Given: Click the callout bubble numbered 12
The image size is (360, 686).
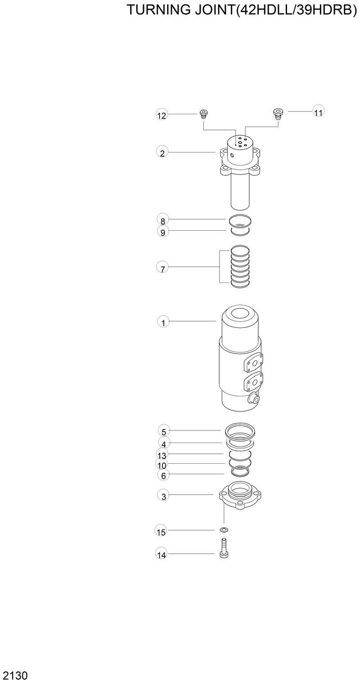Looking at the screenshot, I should click(162, 116).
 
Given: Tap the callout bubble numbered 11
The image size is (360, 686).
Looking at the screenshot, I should click(319, 112).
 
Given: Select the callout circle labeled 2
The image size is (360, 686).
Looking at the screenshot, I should click(162, 153).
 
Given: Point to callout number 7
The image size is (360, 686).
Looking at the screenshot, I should click(162, 269).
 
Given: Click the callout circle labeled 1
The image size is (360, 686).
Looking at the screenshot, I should click(163, 322).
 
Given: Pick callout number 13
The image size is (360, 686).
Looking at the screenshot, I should click(162, 455).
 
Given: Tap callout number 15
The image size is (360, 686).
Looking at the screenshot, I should click(161, 532).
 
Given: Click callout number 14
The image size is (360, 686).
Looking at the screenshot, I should click(161, 555).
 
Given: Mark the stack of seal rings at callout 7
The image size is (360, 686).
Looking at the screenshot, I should click(240, 266).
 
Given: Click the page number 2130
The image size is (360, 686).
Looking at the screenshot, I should click(15, 676).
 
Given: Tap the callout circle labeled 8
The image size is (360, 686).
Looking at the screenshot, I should click(162, 220).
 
